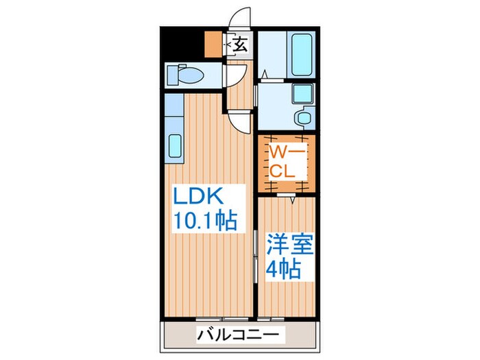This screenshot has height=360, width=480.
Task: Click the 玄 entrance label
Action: click(x=240, y=46)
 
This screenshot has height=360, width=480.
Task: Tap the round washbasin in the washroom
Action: click(x=301, y=117)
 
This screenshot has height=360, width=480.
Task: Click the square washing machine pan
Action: click(x=301, y=93)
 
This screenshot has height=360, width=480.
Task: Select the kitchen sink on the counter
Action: click(x=173, y=147)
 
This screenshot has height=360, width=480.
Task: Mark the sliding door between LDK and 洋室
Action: click(x=256, y=254)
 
